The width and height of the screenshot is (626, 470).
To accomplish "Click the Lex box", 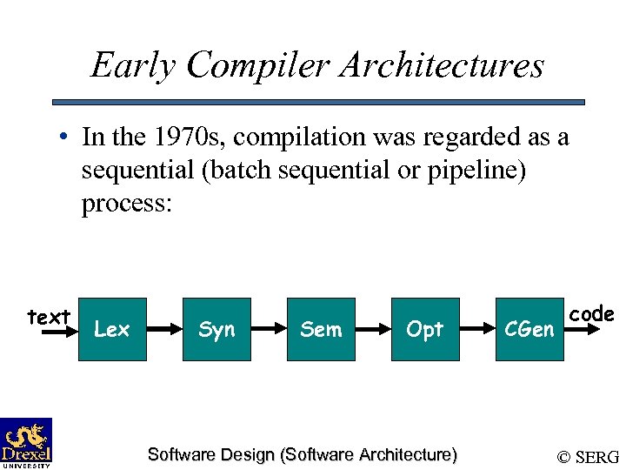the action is click(x=111, y=329).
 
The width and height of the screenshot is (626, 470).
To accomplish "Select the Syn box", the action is click(x=216, y=329).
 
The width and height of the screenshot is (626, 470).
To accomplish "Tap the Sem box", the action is click(x=321, y=329).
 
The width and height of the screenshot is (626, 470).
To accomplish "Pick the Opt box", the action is click(x=425, y=329).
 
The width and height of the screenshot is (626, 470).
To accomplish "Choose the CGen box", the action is click(x=529, y=329).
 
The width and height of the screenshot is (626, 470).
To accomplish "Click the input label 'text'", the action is click(x=49, y=317).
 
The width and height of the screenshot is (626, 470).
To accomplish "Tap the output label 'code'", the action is click(x=591, y=313).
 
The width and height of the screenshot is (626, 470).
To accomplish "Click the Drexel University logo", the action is click(x=26, y=442).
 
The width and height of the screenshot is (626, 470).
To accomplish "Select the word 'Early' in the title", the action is click(x=132, y=65).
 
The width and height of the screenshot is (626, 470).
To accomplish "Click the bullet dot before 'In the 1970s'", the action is click(x=64, y=138).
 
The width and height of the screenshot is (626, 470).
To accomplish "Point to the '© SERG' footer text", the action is click(x=588, y=456).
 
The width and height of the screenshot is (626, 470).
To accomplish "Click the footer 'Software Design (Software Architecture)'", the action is click(x=302, y=454).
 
